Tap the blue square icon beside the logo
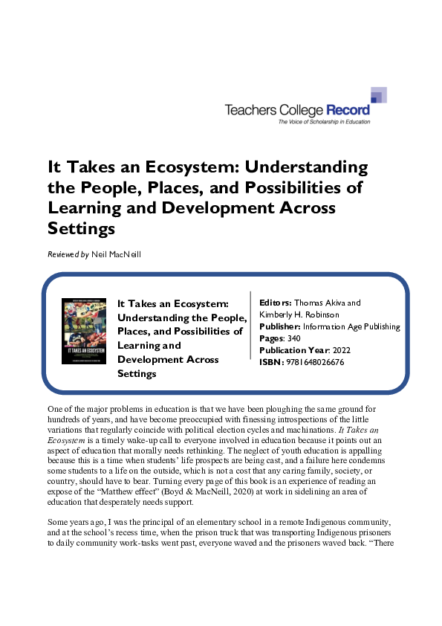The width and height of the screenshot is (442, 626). click(x=378, y=95)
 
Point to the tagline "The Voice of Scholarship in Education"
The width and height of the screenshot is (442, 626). click(x=323, y=121)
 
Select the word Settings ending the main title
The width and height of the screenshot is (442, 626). click(x=81, y=228)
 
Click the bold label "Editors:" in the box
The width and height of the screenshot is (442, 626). click(x=275, y=303)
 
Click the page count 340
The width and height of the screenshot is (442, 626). click(x=296, y=338)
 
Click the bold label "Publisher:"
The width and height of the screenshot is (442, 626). click(x=280, y=326)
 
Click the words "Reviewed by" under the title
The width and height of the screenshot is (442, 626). click(x=63, y=255)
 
